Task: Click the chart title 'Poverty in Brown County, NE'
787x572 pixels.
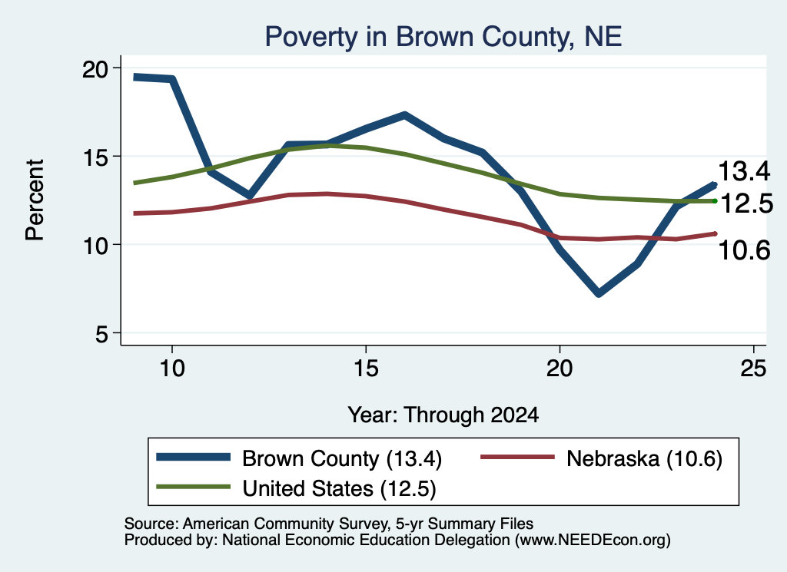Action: tap(443, 37)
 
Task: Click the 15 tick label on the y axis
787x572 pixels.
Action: tap(96, 157)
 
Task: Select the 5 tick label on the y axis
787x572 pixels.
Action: tap(102, 333)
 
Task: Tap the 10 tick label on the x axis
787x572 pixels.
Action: tap(172, 369)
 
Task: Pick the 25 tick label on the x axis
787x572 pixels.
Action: tap(753, 369)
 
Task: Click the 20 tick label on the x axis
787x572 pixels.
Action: tap(560, 369)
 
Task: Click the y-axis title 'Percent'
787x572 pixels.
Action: tap(35, 200)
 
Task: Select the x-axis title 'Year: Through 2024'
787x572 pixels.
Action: tap(443, 415)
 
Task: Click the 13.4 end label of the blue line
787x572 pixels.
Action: tap(744, 171)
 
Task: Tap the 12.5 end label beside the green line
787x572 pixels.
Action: tap(746, 203)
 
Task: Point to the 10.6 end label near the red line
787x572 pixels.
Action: tap(744, 250)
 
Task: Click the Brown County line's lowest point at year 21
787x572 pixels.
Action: tap(598, 293)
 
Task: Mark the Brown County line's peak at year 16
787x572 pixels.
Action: tap(404, 115)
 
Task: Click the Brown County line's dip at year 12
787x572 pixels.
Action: tap(250, 196)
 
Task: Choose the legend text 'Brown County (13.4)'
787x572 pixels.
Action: tap(342, 458)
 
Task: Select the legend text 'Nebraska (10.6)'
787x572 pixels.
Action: tap(645, 458)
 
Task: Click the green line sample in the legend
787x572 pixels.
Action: tap(193, 487)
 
